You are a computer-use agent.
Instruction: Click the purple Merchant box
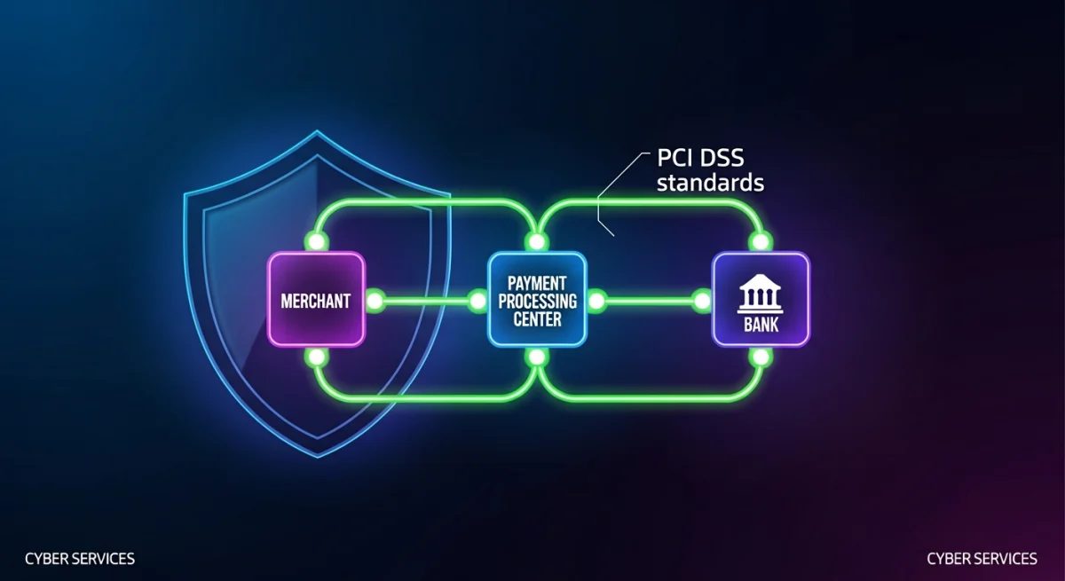point(316,299)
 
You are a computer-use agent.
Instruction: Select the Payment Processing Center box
point(537,299)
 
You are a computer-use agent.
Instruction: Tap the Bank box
point(761,299)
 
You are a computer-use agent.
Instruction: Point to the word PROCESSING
point(537,301)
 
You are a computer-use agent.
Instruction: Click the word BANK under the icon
point(761,325)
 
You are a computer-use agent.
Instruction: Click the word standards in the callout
point(710,184)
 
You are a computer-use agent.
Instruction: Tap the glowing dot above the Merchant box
point(316,241)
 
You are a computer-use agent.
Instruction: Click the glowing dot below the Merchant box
point(316,357)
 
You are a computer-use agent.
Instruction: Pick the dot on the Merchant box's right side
point(375,301)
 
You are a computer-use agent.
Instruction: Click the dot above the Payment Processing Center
point(536,241)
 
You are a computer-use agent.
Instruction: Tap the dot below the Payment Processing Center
point(536,357)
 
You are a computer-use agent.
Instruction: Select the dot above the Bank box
point(760,241)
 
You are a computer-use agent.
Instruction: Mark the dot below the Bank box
point(760,357)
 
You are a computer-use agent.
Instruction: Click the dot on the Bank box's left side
point(702,301)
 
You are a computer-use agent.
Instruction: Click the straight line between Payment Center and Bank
point(648,301)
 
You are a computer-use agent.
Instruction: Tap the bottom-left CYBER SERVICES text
point(80,559)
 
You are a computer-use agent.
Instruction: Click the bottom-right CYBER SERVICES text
point(982,559)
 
